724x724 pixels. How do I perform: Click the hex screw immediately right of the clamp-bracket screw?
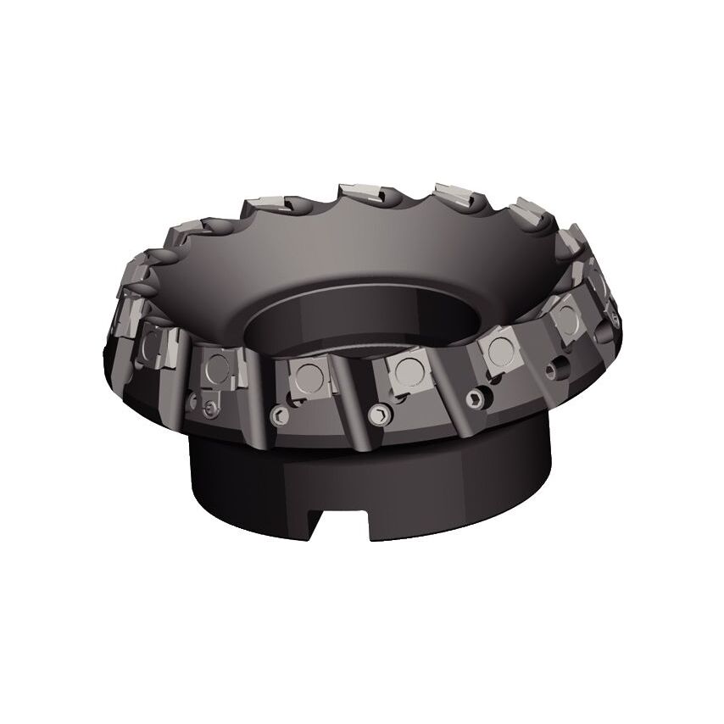(x=278, y=414)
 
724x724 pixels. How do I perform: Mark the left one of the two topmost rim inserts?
(x=360, y=194)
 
